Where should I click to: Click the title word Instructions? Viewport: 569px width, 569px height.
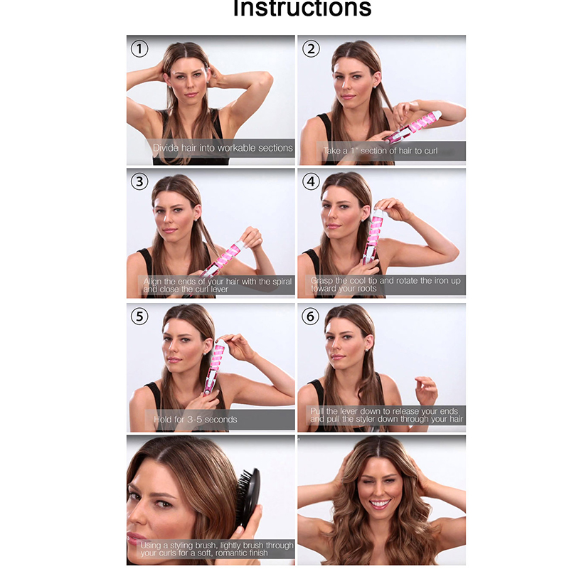tap(302, 8)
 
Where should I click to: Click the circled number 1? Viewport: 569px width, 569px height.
tap(139, 49)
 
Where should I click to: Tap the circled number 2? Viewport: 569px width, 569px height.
tap(311, 49)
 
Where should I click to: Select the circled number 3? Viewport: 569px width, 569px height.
tap(139, 181)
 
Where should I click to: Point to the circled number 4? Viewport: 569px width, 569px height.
tap(311, 181)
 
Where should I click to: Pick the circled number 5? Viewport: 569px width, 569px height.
tap(139, 317)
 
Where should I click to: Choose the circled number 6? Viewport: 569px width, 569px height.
tap(311, 317)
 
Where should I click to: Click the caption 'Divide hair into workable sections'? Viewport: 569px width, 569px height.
tap(223, 148)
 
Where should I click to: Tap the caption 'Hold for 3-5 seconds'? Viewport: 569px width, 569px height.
tap(195, 420)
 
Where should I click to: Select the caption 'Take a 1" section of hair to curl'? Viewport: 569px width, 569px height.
tap(381, 151)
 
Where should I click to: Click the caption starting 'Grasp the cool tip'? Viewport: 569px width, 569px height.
tap(385, 284)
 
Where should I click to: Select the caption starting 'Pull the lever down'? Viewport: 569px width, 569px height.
tap(386, 415)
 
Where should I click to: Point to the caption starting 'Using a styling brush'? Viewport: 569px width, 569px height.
tap(217, 548)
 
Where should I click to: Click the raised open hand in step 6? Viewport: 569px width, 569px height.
tap(426, 390)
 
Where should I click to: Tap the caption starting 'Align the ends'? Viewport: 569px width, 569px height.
tap(217, 285)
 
